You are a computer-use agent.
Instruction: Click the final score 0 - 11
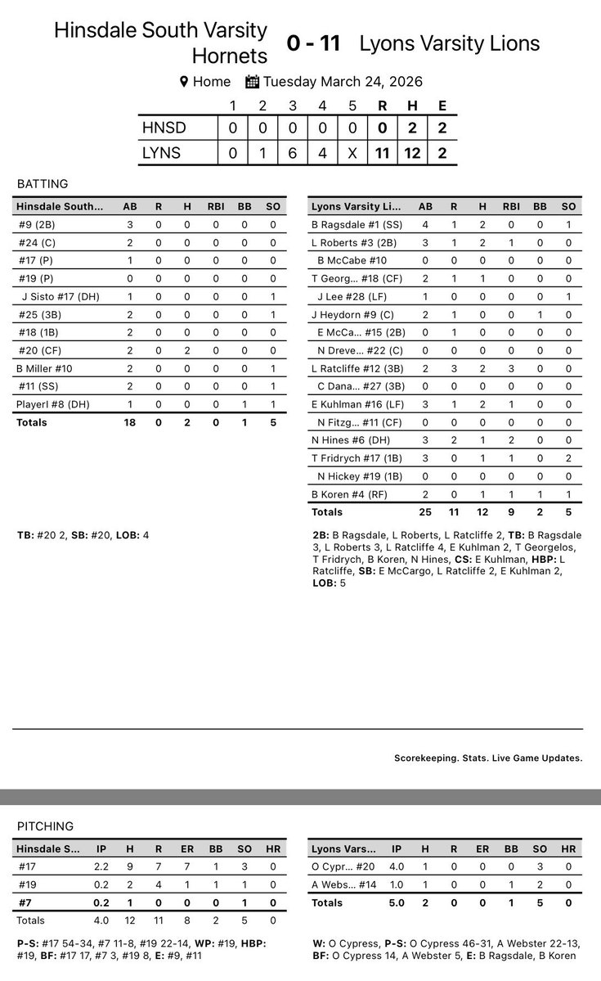point(313,43)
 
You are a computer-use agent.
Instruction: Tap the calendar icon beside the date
point(253,82)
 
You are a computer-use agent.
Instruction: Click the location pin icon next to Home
point(184,82)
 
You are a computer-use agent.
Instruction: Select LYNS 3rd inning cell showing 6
point(293,153)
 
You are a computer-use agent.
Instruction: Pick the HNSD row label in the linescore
point(164,128)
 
